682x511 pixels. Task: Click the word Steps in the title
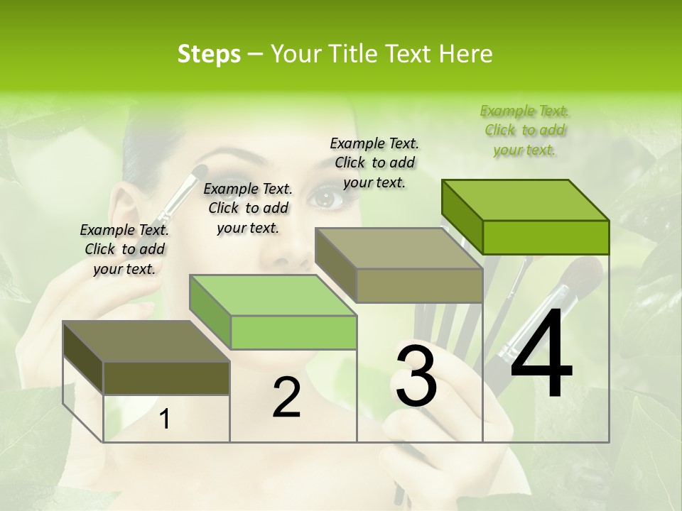pos(209,54)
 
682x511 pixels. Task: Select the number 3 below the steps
pos(416,375)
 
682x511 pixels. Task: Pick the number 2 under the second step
pos(286,397)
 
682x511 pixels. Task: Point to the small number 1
pos(164,419)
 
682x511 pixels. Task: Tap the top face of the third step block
pos(398,249)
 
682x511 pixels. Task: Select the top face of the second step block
pos(272,295)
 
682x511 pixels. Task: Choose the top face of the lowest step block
pos(146,341)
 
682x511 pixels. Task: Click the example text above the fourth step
pos(524,130)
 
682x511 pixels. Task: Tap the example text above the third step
pos(374,163)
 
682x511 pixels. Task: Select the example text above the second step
pos(248,208)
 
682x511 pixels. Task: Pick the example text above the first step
pos(124,249)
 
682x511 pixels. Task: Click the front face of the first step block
pos(166,378)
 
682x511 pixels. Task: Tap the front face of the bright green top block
pos(546,237)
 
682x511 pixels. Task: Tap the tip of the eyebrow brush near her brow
pos(200,171)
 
